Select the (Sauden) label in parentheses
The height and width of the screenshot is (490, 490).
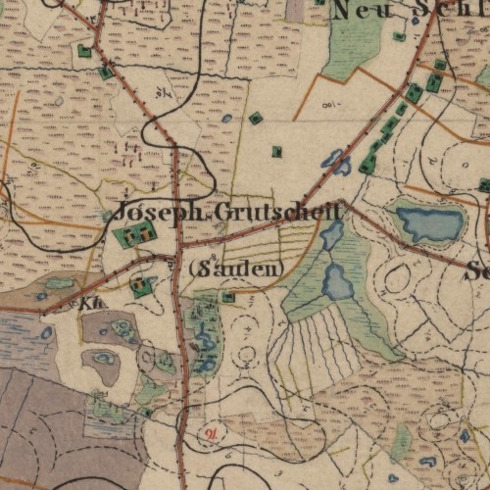235,268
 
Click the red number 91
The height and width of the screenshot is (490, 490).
211,431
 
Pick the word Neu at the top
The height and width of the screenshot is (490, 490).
357,11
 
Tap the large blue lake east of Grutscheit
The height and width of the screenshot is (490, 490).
428,224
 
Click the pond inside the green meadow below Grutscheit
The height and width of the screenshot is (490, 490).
338,282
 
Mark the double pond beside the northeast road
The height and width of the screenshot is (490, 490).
336,162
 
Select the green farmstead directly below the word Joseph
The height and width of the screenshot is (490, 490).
135,235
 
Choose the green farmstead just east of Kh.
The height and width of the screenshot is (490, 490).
143,286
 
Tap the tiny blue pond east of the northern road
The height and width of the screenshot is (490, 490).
227,119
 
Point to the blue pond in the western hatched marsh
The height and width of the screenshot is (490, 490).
47,333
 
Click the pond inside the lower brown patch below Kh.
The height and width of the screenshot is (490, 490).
103,360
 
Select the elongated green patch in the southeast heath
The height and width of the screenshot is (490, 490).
401,444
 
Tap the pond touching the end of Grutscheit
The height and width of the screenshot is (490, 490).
332,233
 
